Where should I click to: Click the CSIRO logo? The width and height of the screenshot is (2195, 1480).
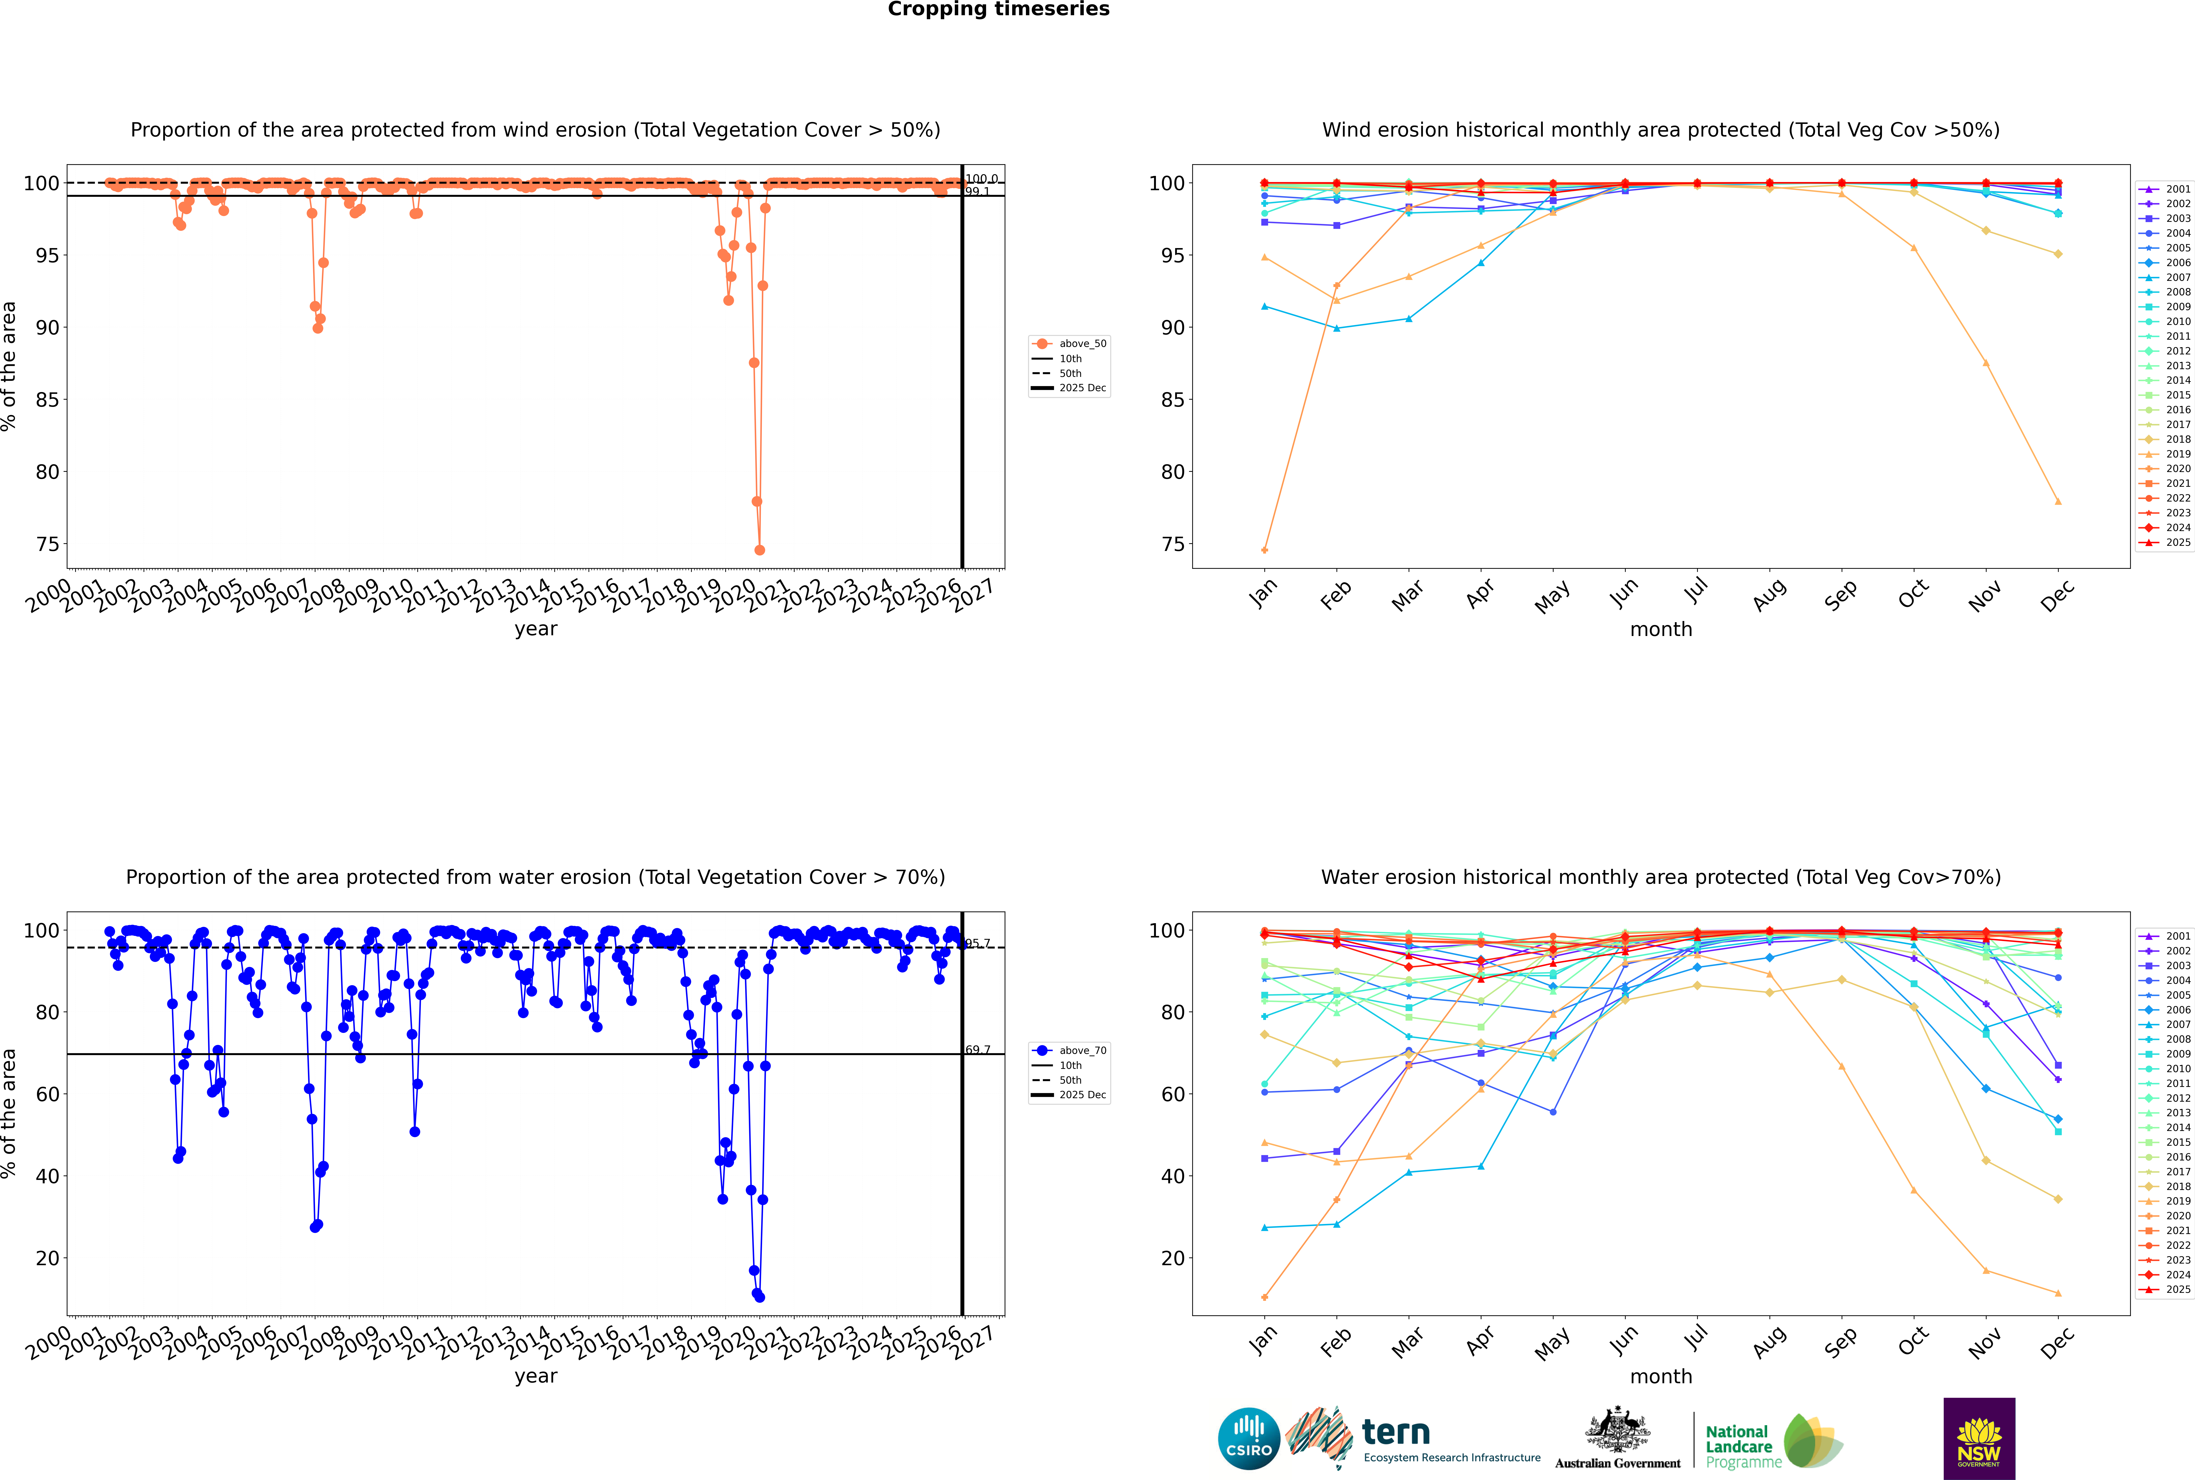1248,1439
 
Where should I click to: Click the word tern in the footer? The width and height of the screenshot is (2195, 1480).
1396,1433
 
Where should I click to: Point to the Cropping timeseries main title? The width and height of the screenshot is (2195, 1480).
998,9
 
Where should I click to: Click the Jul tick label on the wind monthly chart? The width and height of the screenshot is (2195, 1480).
1696,591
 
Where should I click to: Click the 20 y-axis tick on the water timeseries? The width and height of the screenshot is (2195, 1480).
47,1258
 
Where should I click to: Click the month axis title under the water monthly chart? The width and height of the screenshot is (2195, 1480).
1661,1376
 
